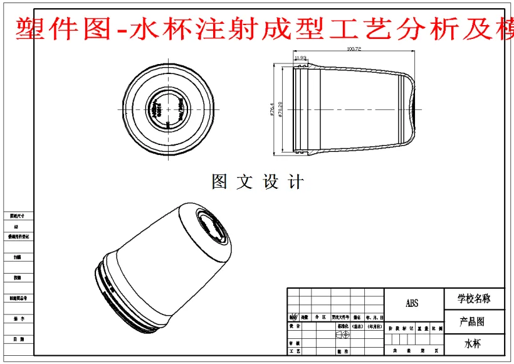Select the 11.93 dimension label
coord(300,58)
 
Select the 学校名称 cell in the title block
coord(474,299)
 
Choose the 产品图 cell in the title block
coord(474,322)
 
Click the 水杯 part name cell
coord(474,344)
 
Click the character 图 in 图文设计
coord(219,183)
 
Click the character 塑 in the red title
coord(25,29)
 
